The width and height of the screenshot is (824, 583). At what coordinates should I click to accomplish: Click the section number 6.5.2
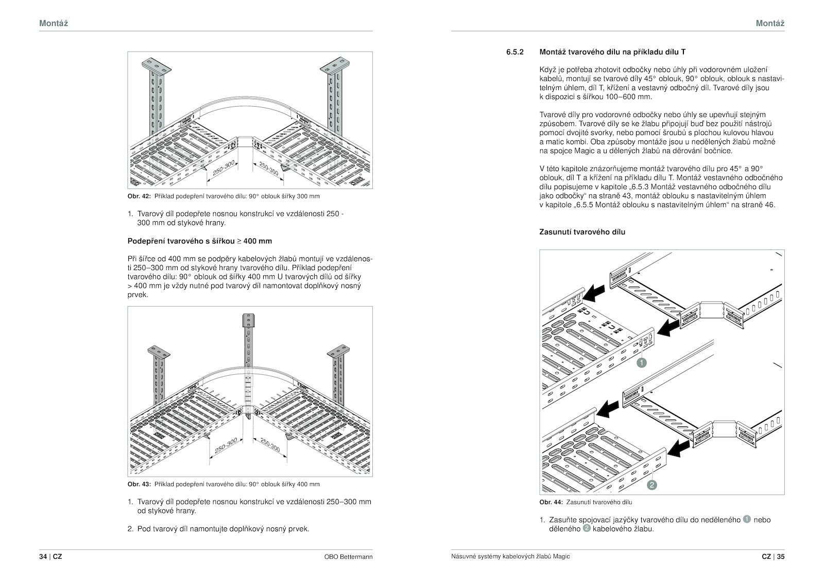(514, 52)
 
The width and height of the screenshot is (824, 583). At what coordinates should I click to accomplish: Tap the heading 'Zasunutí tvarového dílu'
(582, 232)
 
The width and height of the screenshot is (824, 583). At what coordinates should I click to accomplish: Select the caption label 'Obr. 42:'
(139, 196)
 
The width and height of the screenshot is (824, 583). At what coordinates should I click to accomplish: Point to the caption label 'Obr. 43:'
(139, 484)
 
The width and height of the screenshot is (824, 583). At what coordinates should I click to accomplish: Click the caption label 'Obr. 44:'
(551, 502)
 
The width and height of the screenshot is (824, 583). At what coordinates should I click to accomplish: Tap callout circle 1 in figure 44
(641, 363)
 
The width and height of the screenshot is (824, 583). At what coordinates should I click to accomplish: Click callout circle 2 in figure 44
(651, 485)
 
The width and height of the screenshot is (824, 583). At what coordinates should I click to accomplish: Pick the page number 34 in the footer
(43, 557)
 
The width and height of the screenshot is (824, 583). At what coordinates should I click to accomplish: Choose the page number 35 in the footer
(780, 557)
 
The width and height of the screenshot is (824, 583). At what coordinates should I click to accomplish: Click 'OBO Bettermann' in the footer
(348, 557)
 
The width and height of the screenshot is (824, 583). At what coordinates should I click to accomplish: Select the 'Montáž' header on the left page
(54, 23)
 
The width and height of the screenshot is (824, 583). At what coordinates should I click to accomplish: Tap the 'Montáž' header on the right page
(770, 23)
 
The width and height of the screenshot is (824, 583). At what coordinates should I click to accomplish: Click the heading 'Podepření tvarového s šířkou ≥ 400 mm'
(199, 241)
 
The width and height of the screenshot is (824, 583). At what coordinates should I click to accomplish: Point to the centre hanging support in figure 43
(248, 361)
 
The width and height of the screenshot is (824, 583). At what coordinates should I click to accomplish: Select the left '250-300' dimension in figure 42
(224, 168)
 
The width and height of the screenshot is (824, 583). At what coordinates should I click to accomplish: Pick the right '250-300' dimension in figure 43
(270, 445)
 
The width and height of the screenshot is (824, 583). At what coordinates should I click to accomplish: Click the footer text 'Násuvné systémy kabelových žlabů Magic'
(510, 557)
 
